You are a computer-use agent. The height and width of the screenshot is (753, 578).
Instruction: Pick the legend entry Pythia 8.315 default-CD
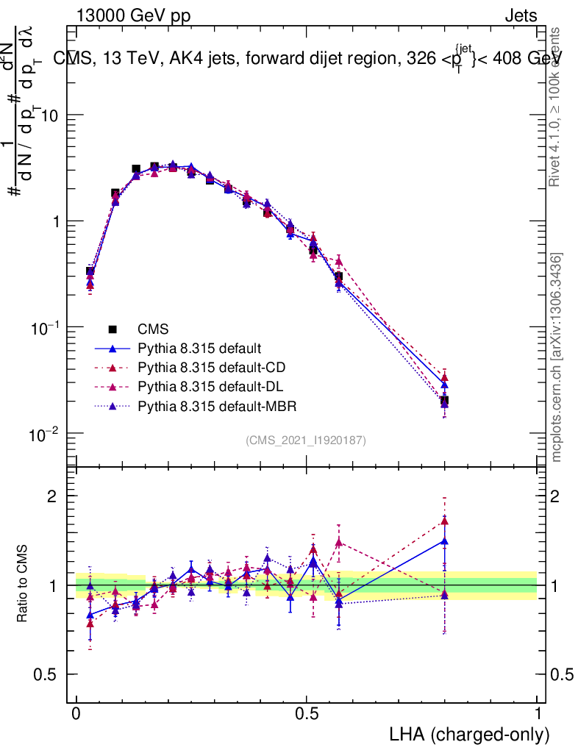pos(213,368)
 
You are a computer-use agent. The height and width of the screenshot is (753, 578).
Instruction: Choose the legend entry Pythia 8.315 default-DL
pos(213,387)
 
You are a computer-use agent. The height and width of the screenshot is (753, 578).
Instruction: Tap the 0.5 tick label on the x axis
pos(307,713)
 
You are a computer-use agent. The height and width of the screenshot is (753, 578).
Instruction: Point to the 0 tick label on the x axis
pos(76,713)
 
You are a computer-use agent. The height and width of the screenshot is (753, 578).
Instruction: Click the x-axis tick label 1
pos(537,713)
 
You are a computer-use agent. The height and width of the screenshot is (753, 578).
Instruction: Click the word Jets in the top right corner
pos(520,15)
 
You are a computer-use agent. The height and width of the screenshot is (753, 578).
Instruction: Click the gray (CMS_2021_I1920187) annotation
pos(306,440)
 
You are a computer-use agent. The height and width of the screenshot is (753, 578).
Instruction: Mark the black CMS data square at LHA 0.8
pos(444,402)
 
